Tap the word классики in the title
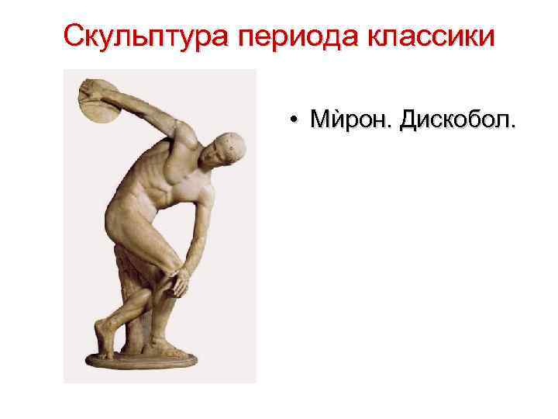tap(426, 36)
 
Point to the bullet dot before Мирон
tap(294, 121)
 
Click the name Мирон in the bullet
tap(350, 120)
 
